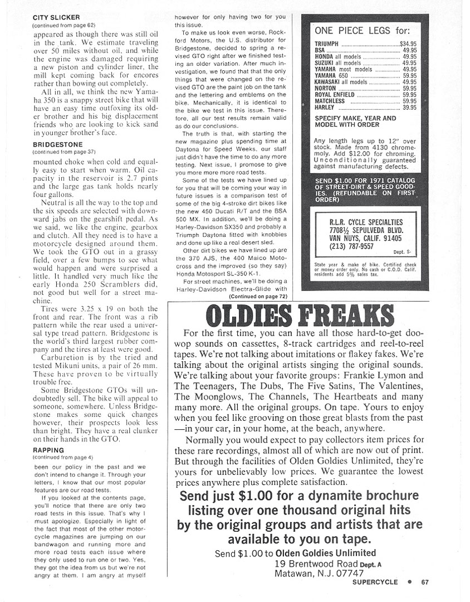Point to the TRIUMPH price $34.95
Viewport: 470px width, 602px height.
click(409, 43)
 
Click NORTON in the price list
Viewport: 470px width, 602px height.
click(326, 88)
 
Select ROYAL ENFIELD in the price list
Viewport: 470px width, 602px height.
click(335, 95)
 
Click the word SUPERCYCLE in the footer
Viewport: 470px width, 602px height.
click(375, 582)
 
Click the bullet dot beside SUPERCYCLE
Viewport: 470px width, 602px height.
click(409, 582)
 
